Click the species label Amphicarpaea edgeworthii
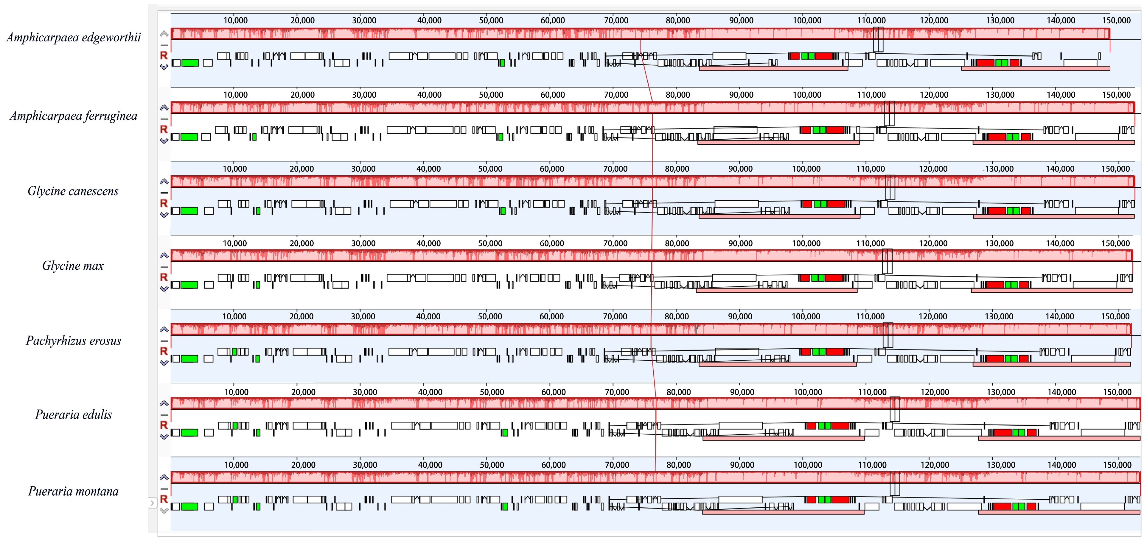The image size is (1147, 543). (x=74, y=38)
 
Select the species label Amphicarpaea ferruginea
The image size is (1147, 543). (x=74, y=116)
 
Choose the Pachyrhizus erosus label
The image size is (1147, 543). (x=74, y=341)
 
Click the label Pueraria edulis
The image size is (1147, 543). (x=74, y=415)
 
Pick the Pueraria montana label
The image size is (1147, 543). (x=74, y=491)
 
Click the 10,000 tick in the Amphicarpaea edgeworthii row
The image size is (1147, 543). (x=236, y=21)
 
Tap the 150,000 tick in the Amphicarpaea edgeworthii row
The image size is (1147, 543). (x=1116, y=21)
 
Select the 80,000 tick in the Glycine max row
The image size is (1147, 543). (x=677, y=244)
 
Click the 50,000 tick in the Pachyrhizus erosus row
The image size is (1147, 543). (x=490, y=316)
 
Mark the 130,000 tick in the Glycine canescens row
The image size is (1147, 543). (x=999, y=169)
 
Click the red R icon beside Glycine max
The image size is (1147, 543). (x=164, y=277)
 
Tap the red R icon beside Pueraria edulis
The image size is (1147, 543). (x=164, y=425)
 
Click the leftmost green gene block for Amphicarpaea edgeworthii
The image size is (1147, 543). (x=190, y=63)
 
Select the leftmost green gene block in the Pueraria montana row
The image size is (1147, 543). (x=190, y=506)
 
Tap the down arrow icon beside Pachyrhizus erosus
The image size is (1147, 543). (x=164, y=363)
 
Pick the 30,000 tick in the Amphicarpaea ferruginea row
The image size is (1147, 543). (x=364, y=95)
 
